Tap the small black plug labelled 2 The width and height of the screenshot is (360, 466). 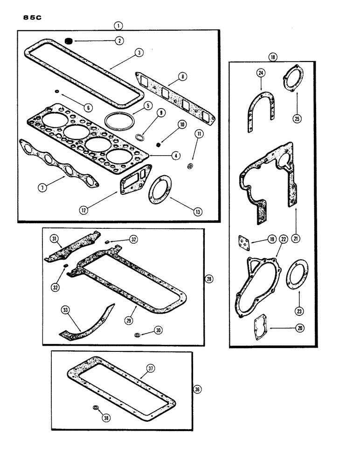coord(69,41)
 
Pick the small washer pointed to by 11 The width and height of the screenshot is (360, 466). coord(190,166)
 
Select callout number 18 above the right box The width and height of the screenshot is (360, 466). coord(273,57)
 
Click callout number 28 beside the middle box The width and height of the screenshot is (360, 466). coord(208,279)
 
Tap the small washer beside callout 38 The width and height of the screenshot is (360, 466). coord(96,408)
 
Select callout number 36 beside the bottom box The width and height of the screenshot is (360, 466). coord(197,390)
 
